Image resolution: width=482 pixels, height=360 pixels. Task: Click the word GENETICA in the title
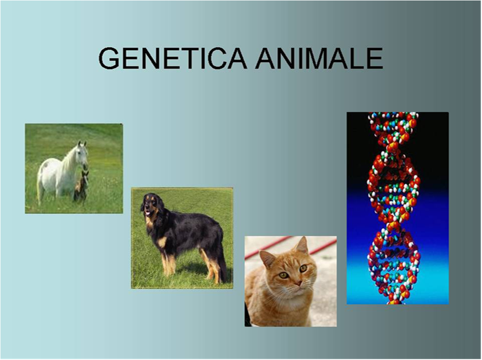pos(172,58)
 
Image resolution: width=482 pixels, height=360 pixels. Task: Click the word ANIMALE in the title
pos(319,58)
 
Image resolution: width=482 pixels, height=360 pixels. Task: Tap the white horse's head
pos(82,152)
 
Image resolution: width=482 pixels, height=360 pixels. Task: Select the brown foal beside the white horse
pos(81,186)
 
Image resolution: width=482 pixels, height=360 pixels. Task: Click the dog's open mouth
pos(148,213)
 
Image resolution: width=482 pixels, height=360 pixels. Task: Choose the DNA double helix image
pos(398,208)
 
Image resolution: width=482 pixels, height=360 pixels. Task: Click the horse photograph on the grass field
pos(74,168)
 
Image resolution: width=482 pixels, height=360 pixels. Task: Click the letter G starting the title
pos(109,58)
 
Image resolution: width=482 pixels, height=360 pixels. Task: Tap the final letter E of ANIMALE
pos(375,58)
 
